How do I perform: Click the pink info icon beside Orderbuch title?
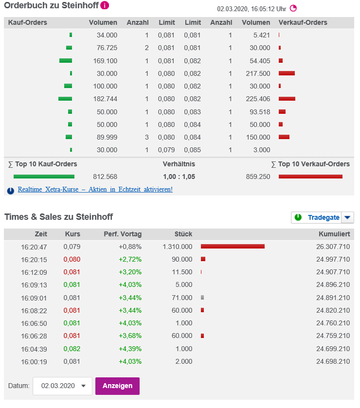[x=105, y=6]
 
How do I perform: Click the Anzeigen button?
[x=117, y=386]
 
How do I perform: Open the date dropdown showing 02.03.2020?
[x=62, y=386]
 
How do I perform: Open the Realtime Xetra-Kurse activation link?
[x=95, y=189]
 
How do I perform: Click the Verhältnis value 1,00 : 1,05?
[x=179, y=177]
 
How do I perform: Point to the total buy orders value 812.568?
[x=105, y=177]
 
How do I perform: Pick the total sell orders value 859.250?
[x=258, y=177]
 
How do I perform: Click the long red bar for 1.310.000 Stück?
[x=233, y=247]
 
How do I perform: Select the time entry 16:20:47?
[x=34, y=247]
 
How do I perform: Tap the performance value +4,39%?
[x=130, y=349]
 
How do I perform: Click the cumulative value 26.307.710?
[x=333, y=247]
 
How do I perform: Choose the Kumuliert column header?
[x=334, y=233]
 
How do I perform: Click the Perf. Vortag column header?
[x=123, y=233]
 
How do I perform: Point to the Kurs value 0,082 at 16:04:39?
[x=72, y=349]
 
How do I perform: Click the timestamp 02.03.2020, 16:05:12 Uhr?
[x=252, y=9]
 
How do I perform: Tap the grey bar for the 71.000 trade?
[x=202, y=298]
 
